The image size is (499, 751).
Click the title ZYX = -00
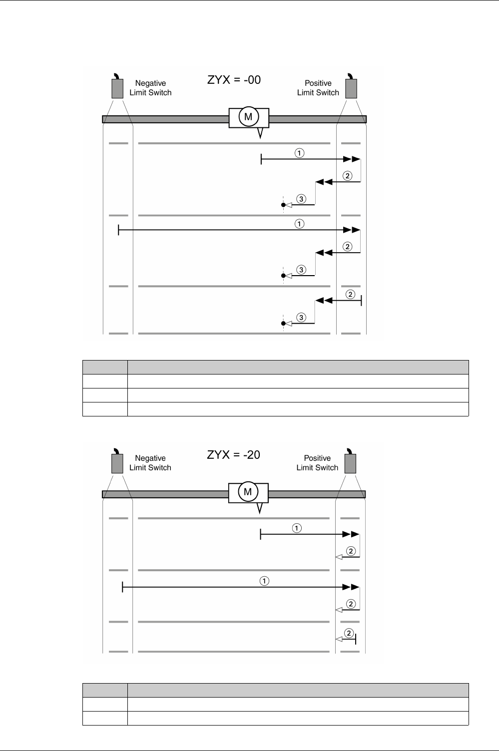234,80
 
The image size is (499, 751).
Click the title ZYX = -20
234,455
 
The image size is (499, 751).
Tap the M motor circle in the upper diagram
248,117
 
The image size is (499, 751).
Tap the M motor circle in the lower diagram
248,492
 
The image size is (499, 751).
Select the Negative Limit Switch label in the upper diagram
150,88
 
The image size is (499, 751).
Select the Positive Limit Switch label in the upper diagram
318,88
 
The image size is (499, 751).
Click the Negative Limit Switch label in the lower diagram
150,463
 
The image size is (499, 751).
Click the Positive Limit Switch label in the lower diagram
318,463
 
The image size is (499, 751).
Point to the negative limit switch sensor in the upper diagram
117,88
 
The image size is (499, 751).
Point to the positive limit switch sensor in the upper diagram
351,88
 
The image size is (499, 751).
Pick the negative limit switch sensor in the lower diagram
117,463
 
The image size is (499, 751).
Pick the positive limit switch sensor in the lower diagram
350,463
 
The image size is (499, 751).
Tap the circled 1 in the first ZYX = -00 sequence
299,153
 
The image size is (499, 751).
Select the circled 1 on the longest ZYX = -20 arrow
264,581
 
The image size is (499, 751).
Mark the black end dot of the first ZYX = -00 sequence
283,205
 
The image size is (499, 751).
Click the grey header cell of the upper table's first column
105,368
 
